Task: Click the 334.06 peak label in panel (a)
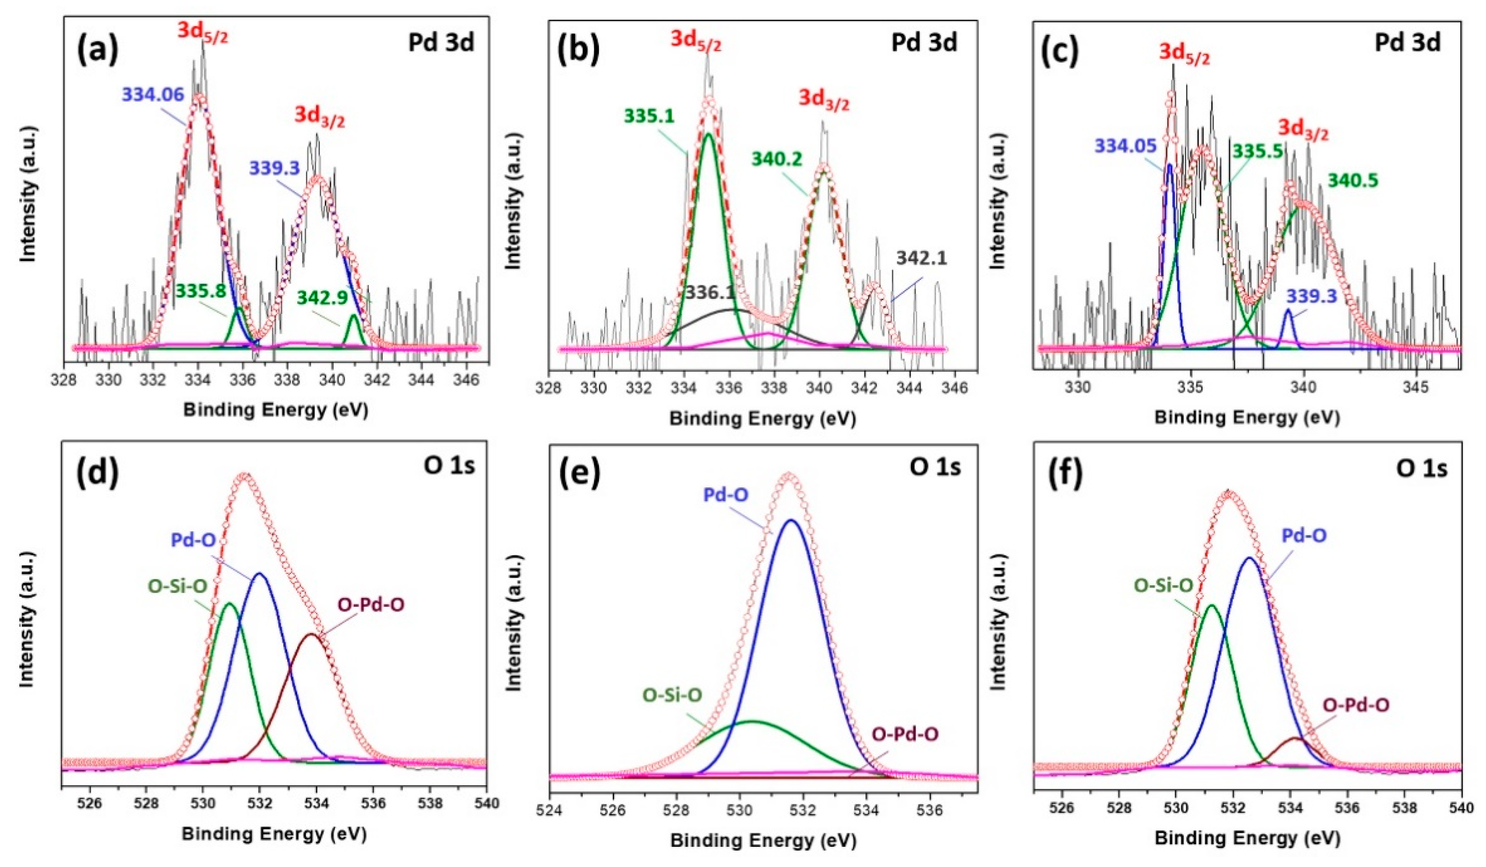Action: [x=153, y=94]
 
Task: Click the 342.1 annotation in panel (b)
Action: [x=921, y=257]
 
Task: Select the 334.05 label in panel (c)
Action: [x=1125, y=146]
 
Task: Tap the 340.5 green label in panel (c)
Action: [x=1353, y=180]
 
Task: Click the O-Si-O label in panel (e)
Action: [x=672, y=696]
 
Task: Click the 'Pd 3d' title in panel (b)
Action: [x=923, y=42]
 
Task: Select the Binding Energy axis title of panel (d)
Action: [x=274, y=834]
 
